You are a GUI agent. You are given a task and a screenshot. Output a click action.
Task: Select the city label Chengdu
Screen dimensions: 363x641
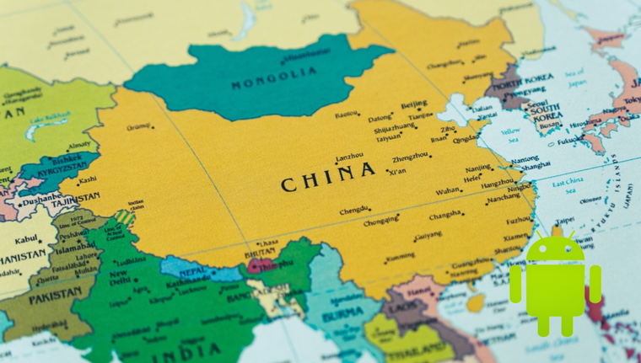tap(355, 211)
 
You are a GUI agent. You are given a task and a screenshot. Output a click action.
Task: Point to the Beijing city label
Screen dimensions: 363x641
tap(414, 105)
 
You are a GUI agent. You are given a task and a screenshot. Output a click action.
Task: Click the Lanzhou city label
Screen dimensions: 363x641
tap(350, 157)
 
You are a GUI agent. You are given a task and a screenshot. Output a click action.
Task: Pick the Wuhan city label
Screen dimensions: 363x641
tap(449, 191)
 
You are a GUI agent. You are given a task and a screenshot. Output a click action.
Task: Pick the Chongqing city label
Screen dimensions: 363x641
tap(381, 223)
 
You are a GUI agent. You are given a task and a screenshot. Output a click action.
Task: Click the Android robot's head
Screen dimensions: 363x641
tap(554, 249)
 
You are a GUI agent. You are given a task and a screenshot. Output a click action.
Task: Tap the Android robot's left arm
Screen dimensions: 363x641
tap(515, 284)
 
